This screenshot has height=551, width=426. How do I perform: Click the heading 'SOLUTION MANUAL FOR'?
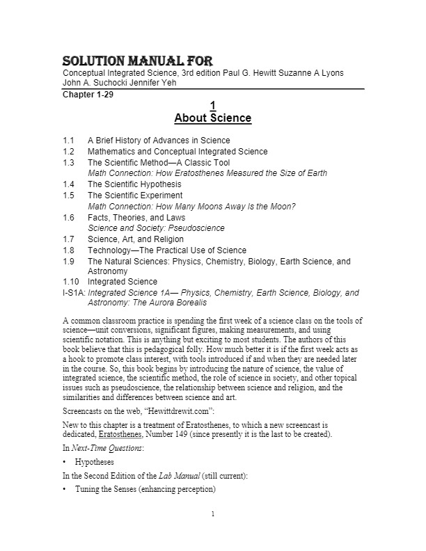coord(138,61)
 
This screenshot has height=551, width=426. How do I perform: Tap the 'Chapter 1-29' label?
coord(88,95)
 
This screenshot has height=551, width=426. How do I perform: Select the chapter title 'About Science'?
coord(212,118)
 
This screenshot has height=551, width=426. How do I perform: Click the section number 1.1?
coord(68,141)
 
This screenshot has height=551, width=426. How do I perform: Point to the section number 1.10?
coord(70,282)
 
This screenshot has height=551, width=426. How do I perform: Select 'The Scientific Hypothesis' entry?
coord(134,184)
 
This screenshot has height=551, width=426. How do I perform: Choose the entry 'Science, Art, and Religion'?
coord(136,239)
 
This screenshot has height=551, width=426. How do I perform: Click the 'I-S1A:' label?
coord(74,293)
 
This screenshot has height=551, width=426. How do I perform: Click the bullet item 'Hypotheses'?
coord(97,462)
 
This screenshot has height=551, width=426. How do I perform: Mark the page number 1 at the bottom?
coord(213,534)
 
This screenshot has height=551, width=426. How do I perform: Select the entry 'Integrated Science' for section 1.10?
coord(123,282)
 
